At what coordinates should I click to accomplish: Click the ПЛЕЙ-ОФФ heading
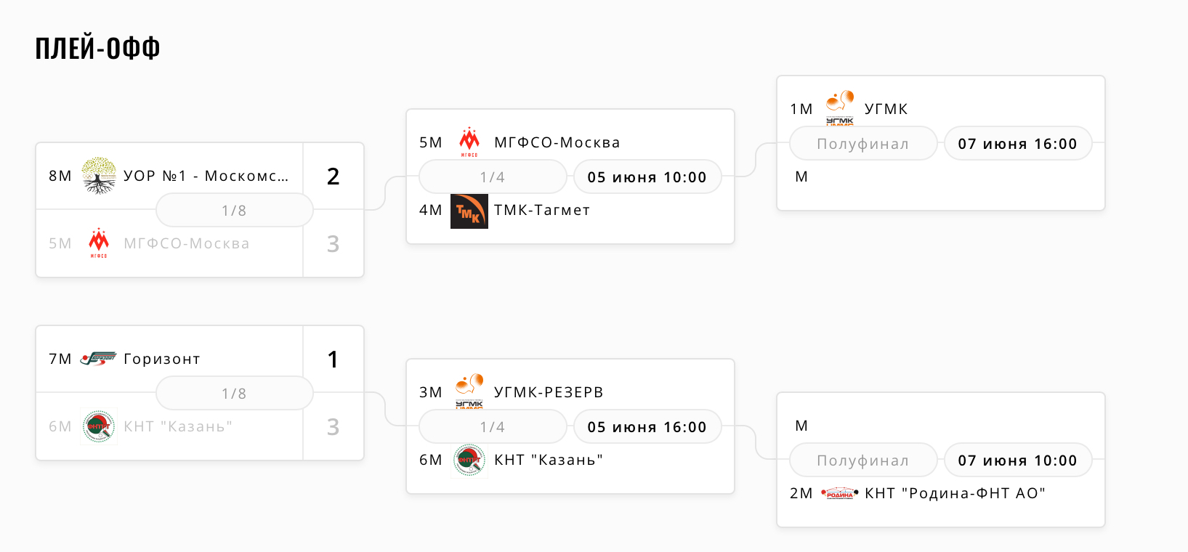[x=97, y=49]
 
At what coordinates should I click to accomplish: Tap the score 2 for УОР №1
[x=333, y=176]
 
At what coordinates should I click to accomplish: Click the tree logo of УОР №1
[x=99, y=176]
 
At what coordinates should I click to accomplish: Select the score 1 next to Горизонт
[x=333, y=360]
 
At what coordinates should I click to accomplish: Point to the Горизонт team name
[x=162, y=359]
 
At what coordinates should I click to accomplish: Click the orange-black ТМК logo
[x=469, y=211]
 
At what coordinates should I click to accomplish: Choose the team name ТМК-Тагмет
[x=542, y=211]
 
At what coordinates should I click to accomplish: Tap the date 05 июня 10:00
[x=647, y=177]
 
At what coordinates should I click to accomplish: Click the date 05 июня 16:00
[x=647, y=427]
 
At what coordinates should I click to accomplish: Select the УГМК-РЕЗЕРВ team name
[x=549, y=392]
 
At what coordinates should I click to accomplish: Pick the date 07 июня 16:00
[x=1017, y=144]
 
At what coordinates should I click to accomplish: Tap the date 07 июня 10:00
[x=1017, y=460]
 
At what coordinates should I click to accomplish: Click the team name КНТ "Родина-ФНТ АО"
[x=955, y=494]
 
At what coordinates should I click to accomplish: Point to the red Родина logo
[x=839, y=494]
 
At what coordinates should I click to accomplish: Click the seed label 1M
[x=801, y=110]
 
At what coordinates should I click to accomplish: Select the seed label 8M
[x=60, y=176]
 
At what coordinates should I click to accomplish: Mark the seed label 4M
[x=430, y=211]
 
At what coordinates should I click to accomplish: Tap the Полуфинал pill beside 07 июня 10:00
[x=862, y=460]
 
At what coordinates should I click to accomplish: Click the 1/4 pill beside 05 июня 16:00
[x=492, y=427]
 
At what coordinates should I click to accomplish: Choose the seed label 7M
[x=60, y=360]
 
